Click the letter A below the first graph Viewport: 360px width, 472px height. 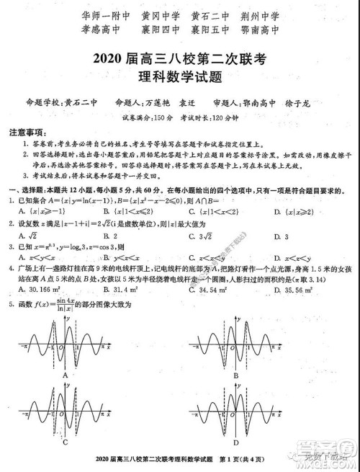66,375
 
